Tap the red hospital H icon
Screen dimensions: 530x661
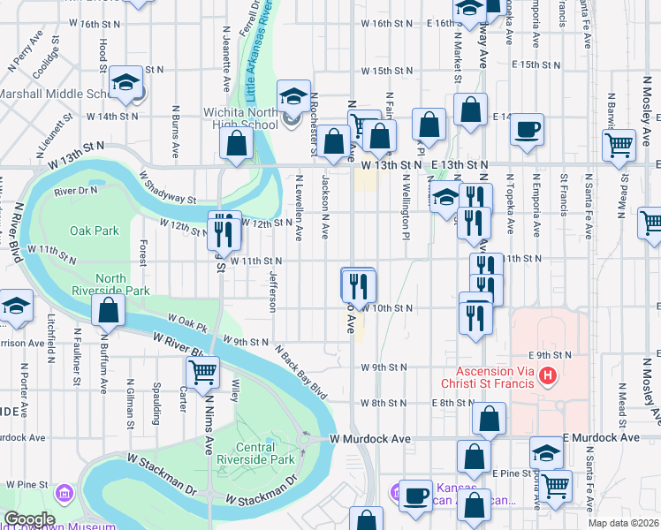[548, 377]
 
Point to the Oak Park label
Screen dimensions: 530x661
[95, 231]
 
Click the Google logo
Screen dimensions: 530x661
[29, 519]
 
